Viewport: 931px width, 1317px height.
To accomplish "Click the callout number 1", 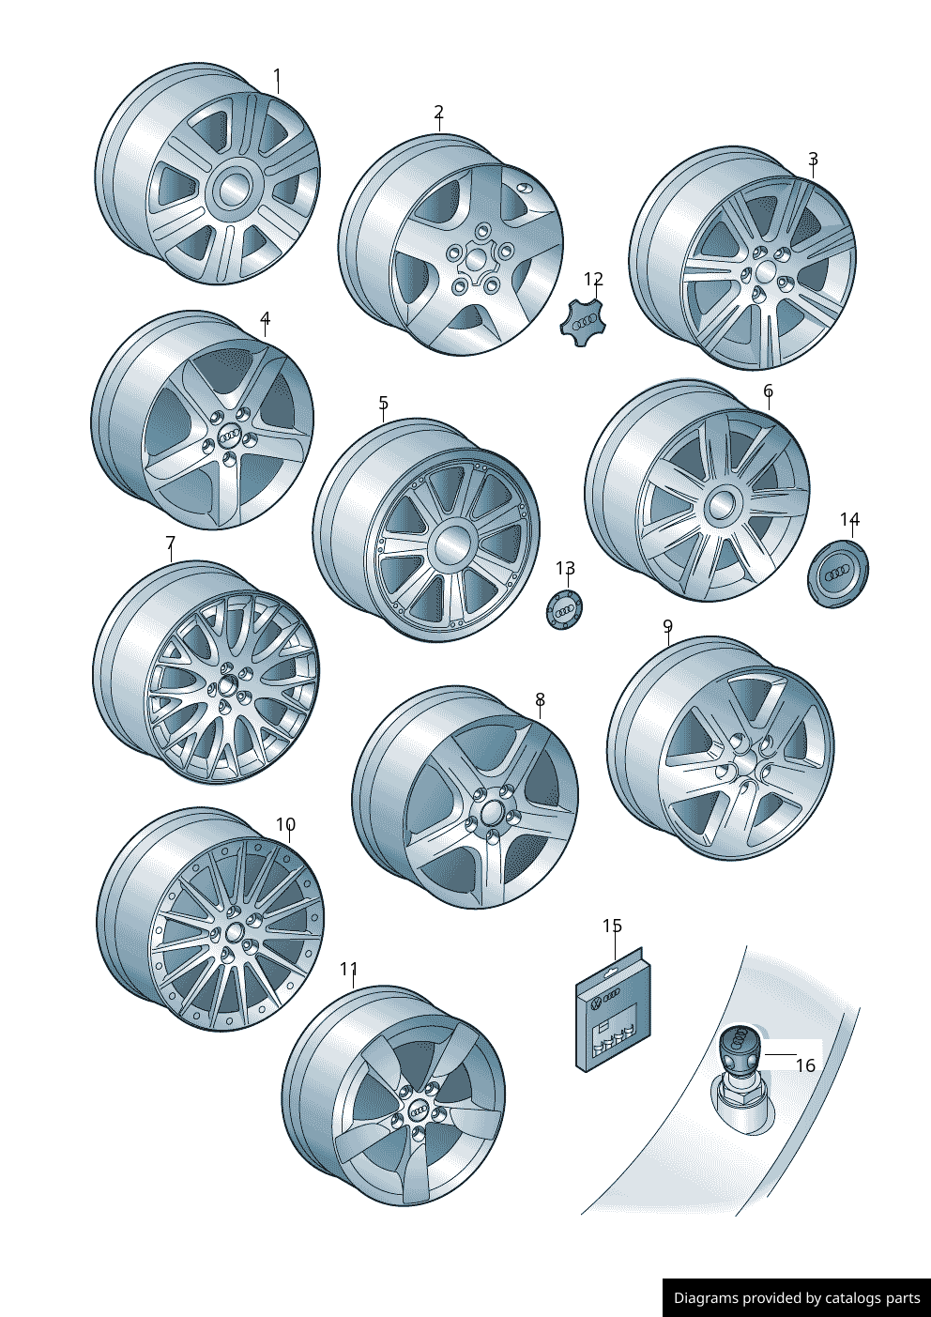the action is (x=278, y=76).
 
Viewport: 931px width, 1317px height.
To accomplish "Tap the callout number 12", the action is (x=594, y=279).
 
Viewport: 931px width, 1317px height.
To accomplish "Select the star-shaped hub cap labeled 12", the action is (x=582, y=322).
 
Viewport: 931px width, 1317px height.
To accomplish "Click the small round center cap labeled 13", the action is (x=564, y=610).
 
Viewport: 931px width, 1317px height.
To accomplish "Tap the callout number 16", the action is (x=806, y=1064).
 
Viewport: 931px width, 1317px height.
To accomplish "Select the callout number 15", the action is (x=612, y=926).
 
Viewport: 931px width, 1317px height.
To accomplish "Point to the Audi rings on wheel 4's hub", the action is (x=228, y=436).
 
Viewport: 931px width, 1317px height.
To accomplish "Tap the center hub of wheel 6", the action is (x=721, y=504).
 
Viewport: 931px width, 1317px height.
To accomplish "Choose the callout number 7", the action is (x=171, y=542).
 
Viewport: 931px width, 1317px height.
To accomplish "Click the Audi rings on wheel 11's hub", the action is (x=420, y=1109).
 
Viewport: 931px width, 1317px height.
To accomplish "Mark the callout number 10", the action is (x=285, y=824).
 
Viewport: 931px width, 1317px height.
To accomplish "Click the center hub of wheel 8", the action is (x=490, y=814).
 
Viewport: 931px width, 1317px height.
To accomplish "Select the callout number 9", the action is (x=667, y=626).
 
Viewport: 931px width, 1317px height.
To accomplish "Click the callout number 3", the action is (x=813, y=159).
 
